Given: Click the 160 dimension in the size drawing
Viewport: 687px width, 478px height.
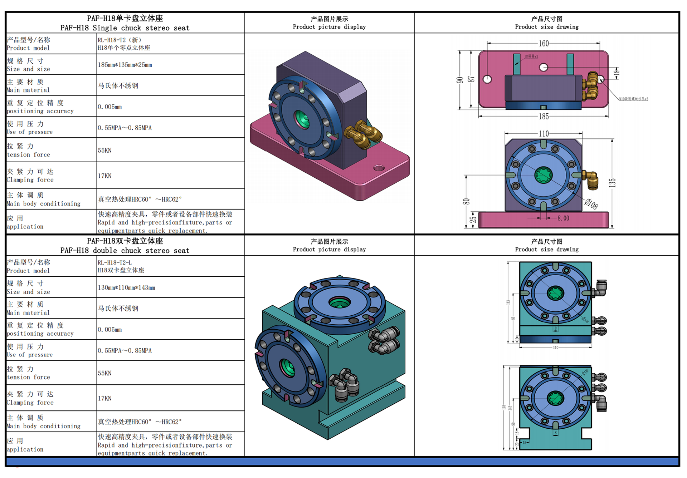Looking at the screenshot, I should pyautogui.click(x=544, y=43).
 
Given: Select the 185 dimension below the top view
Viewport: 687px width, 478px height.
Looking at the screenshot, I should pyautogui.click(x=544, y=116).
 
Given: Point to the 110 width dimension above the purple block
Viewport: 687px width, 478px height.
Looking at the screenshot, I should pyautogui.click(x=544, y=134).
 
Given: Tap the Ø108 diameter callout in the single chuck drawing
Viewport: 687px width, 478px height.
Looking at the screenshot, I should pyautogui.click(x=591, y=204).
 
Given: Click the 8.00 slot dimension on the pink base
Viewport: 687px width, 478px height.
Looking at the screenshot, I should pyautogui.click(x=563, y=218).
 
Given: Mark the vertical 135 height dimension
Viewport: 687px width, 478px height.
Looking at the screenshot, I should pyautogui.click(x=612, y=183).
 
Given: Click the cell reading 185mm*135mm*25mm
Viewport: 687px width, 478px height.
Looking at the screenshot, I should pyautogui.click(x=125, y=65).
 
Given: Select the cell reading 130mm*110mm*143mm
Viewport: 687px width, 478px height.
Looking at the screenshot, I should pyautogui.click(x=126, y=287).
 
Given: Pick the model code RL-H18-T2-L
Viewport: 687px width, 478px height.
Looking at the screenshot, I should pyautogui.click(x=114, y=262).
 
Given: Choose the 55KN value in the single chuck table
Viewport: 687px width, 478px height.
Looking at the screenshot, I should pyautogui.click(x=104, y=150).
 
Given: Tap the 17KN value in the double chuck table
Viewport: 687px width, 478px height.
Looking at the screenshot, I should pyautogui.click(x=104, y=398).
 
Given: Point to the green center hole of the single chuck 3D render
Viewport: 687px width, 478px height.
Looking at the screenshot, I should pyautogui.click(x=302, y=119).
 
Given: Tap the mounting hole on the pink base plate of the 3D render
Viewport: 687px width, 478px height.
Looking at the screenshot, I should pyautogui.click(x=379, y=168).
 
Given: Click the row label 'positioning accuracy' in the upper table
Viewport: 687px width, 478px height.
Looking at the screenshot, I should pyautogui.click(x=40, y=111).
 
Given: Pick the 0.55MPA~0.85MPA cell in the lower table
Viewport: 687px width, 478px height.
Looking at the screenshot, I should pyautogui.click(x=125, y=350).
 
